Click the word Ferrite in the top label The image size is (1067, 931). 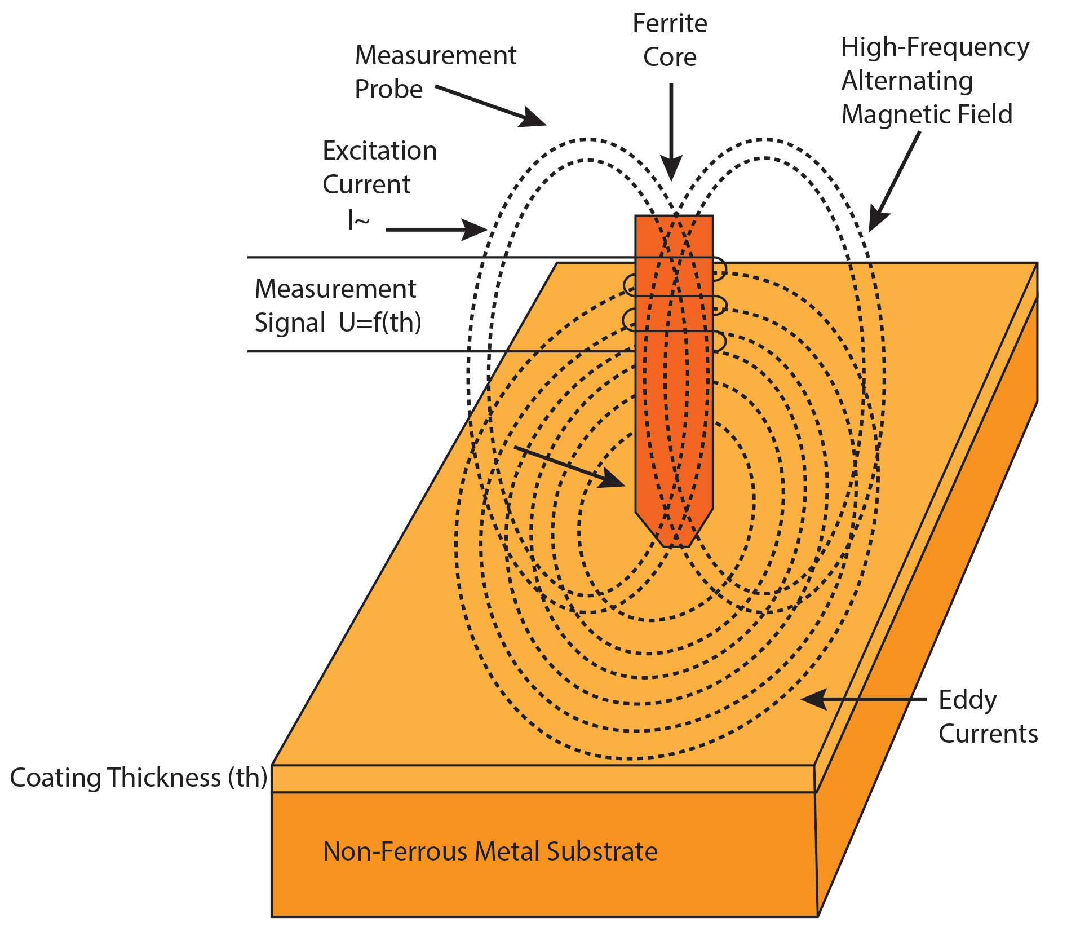[670, 24]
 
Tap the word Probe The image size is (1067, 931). [388, 89]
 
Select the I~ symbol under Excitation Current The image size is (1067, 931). [358, 221]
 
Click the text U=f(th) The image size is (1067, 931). [380, 323]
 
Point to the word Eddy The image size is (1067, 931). [967, 701]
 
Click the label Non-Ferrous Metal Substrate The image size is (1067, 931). [490, 851]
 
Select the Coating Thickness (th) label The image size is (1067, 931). [138, 778]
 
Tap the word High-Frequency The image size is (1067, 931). [935, 47]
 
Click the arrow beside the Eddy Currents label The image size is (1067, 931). [862, 699]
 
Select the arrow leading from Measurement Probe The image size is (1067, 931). [490, 105]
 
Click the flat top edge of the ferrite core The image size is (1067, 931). [674, 217]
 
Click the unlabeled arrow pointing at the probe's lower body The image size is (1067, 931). [569, 467]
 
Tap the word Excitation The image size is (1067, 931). [379, 151]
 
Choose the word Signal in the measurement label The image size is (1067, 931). [290, 323]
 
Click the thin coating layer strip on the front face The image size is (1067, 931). [541, 779]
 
